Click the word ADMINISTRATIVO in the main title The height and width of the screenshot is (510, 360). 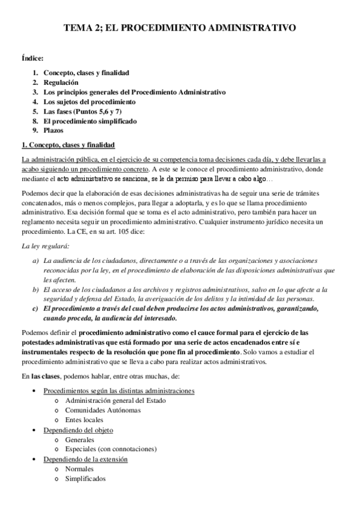point(251,28)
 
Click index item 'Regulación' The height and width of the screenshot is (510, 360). point(61,82)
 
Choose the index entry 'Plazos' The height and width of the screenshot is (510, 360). point(53,130)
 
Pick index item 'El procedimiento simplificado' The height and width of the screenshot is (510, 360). point(90,121)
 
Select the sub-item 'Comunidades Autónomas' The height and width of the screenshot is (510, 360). point(103,410)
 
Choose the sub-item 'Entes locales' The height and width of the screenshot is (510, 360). point(85,419)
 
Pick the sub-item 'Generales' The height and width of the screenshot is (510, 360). point(82,440)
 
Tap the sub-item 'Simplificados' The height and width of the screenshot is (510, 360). point(86,479)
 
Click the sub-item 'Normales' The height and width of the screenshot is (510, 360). point(81,469)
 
